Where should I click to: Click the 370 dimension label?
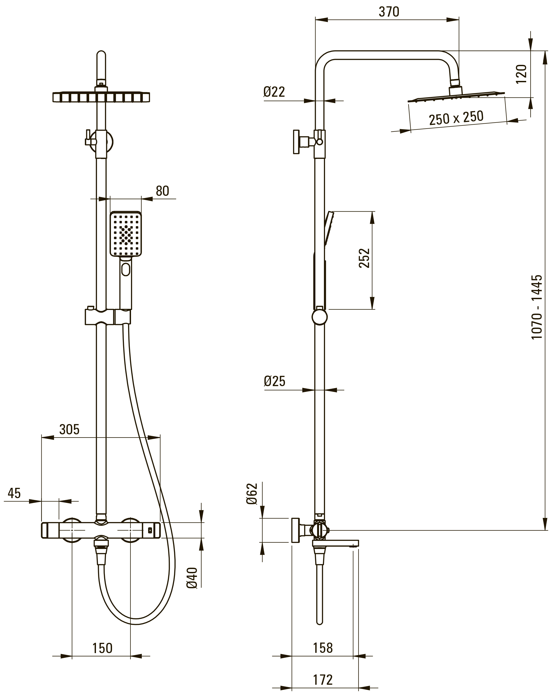[389, 12]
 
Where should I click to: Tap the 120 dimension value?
[521, 74]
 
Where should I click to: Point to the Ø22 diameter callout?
[274, 92]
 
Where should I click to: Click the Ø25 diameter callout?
[274, 381]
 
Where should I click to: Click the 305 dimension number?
[69, 429]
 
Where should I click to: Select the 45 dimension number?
[14, 493]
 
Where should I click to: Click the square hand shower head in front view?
[125, 234]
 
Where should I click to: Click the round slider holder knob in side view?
[319, 317]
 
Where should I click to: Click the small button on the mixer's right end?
[150, 530]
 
